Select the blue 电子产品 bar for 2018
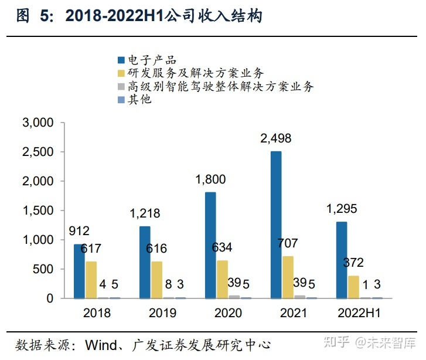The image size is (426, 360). (x=79, y=271)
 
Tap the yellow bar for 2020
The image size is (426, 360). (x=222, y=279)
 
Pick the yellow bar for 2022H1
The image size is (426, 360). (x=353, y=287)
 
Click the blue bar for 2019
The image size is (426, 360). (x=145, y=262)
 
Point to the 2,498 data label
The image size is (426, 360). (x=275, y=139)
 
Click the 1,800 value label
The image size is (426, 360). (x=210, y=179)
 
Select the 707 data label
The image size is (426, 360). (x=287, y=243)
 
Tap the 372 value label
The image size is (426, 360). (x=353, y=263)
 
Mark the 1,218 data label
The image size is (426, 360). (x=144, y=214)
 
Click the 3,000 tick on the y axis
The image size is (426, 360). (x=38, y=123)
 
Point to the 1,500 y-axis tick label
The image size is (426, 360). (x=38, y=210)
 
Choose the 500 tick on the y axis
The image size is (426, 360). (x=45, y=269)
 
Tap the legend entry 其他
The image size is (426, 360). (x=139, y=100)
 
